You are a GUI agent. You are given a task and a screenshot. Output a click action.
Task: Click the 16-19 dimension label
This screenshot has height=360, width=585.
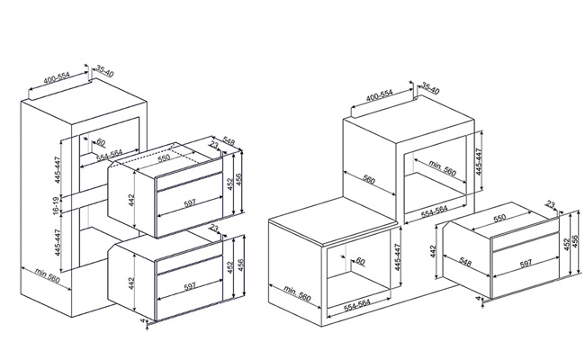pyautogui.click(x=57, y=205)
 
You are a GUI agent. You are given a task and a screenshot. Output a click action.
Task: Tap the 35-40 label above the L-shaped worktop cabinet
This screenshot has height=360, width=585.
pyautogui.click(x=430, y=88)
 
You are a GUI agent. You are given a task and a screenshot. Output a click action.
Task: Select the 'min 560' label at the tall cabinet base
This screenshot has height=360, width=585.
pyautogui.click(x=48, y=275)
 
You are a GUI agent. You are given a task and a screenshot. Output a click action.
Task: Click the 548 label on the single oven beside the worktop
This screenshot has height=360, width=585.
pyautogui.click(x=465, y=262)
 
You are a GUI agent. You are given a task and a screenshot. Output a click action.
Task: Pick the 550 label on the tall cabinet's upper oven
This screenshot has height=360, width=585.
pyautogui.click(x=164, y=157)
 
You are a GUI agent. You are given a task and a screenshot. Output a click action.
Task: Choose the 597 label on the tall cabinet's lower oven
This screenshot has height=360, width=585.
pyautogui.click(x=190, y=286)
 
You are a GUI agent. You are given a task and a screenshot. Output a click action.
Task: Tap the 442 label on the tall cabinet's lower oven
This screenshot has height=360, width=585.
pyautogui.click(x=131, y=283)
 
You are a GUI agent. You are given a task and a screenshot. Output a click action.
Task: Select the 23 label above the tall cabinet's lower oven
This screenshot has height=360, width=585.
pyautogui.click(x=214, y=228)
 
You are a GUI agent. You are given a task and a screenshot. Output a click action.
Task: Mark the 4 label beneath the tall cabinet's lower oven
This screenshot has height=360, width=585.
pyautogui.click(x=142, y=320)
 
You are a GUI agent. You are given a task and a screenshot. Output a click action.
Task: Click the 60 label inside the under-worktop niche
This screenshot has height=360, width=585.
pyautogui.click(x=360, y=261)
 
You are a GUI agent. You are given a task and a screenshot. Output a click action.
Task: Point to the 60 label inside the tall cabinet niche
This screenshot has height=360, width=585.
pyautogui.click(x=101, y=142)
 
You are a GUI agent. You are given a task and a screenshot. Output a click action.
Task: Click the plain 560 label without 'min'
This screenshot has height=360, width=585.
pyautogui.click(x=369, y=180)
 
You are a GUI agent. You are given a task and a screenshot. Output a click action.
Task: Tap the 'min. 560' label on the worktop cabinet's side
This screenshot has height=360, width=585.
pyautogui.click(x=297, y=292)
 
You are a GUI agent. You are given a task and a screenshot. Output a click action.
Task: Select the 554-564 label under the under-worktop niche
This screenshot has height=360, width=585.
pyautogui.click(x=357, y=305)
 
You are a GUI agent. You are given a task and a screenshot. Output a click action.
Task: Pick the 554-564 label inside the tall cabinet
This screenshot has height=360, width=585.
pyautogui.click(x=110, y=155)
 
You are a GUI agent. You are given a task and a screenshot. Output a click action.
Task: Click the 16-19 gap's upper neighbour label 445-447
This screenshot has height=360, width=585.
pyautogui.click(x=57, y=170)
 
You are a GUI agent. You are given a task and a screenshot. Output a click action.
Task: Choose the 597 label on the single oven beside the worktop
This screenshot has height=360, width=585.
pyautogui.click(x=526, y=264)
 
